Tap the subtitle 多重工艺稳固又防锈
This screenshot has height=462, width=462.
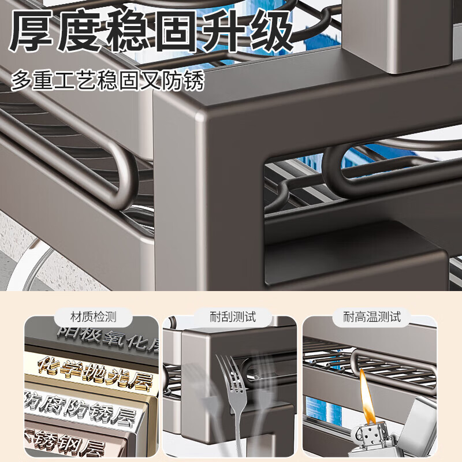tap(107, 80)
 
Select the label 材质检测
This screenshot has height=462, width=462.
tap(93, 316)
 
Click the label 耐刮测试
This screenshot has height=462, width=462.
tap(232, 316)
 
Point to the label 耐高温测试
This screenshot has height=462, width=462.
tap(371, 316)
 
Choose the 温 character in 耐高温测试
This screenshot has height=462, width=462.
tap(371, 316)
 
